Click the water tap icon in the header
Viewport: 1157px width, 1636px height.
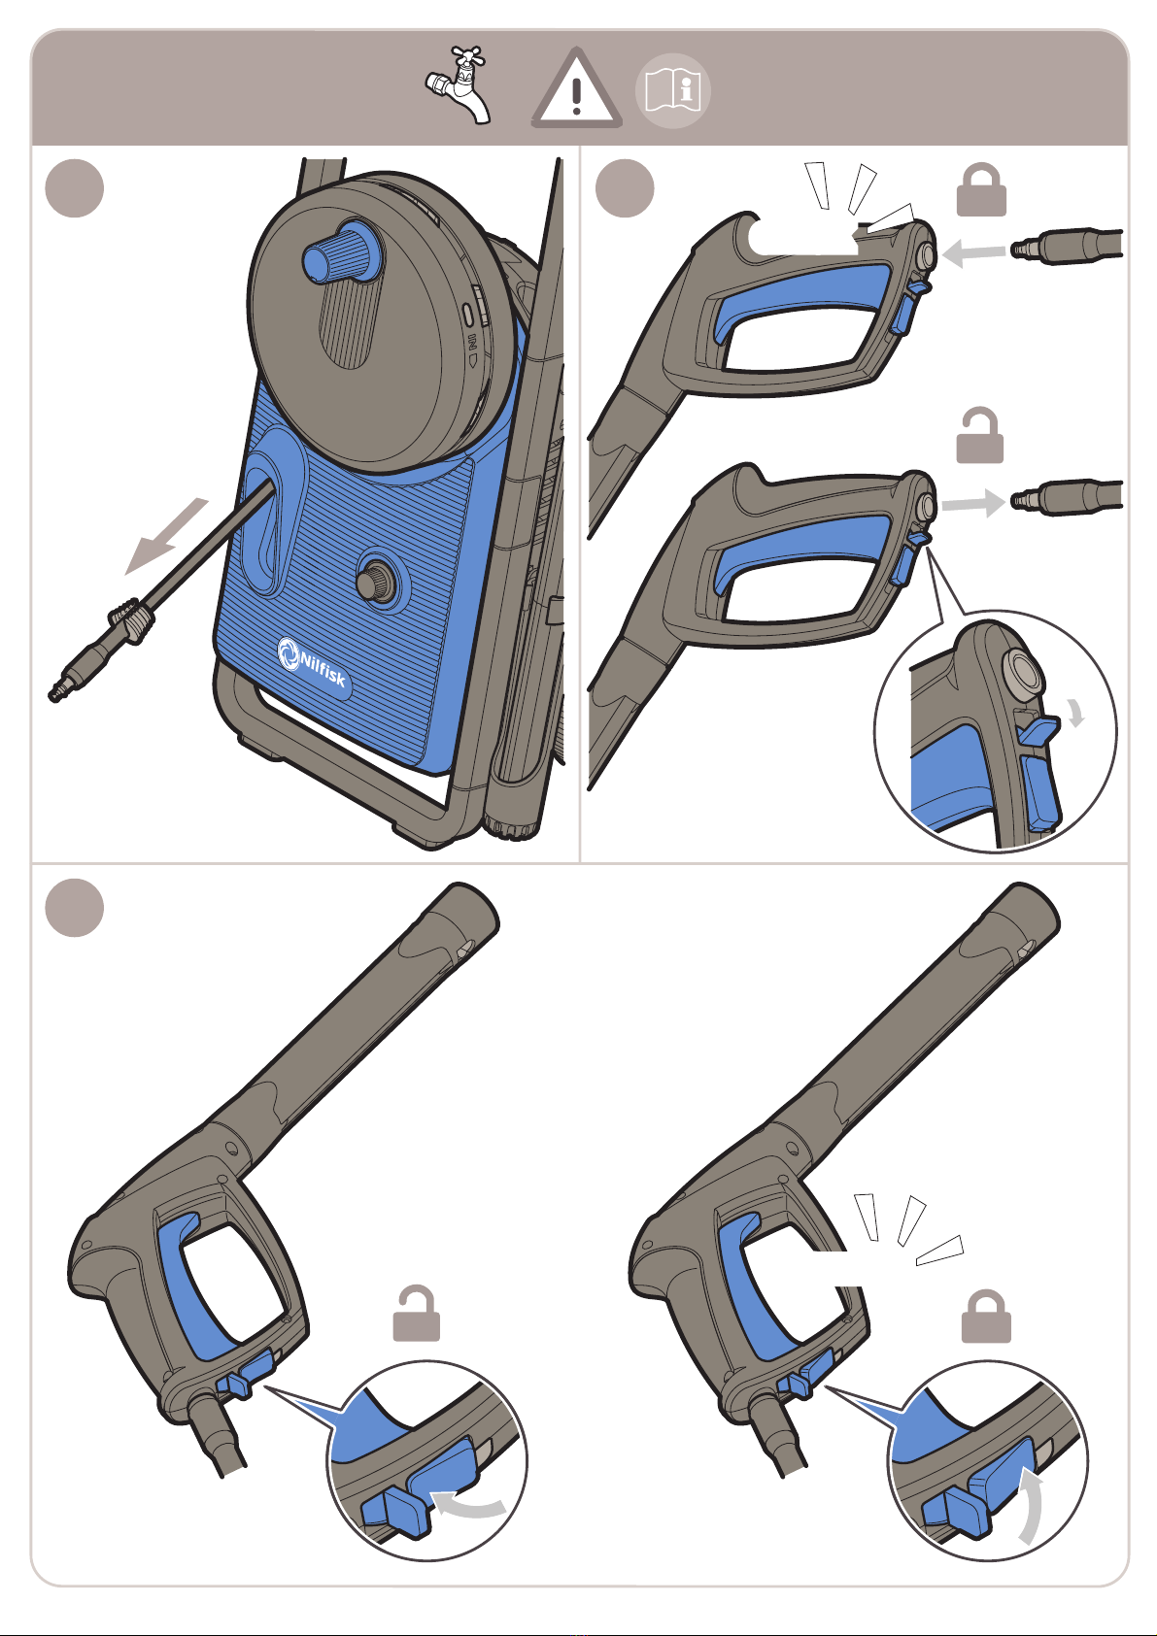click(x=459, y=86)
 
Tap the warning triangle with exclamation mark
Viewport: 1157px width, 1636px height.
click(x=577, y=90)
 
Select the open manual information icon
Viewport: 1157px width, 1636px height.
click(x=673, y=90)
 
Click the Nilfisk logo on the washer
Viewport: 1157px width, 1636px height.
click(x=312, y=662)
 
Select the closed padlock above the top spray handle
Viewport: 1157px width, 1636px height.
click(x=981, y=190)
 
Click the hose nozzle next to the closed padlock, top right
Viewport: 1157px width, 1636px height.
click(x=1067, y=247)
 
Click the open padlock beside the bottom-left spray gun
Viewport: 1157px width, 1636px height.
click(x=416, y=1314)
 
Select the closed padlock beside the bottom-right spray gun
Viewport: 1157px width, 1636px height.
click(x=986, y=1317)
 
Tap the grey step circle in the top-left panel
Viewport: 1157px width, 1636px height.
click(x=75, y=187)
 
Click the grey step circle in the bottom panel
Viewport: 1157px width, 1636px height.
click(x=75, y=908)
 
